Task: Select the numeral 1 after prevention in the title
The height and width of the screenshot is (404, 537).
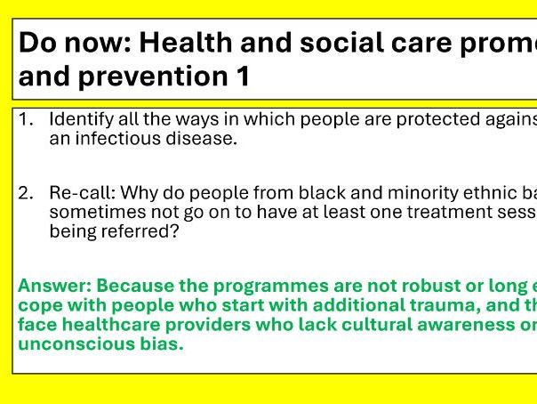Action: (243, 77)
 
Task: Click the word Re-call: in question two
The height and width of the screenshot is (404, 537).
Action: (81, 192)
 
